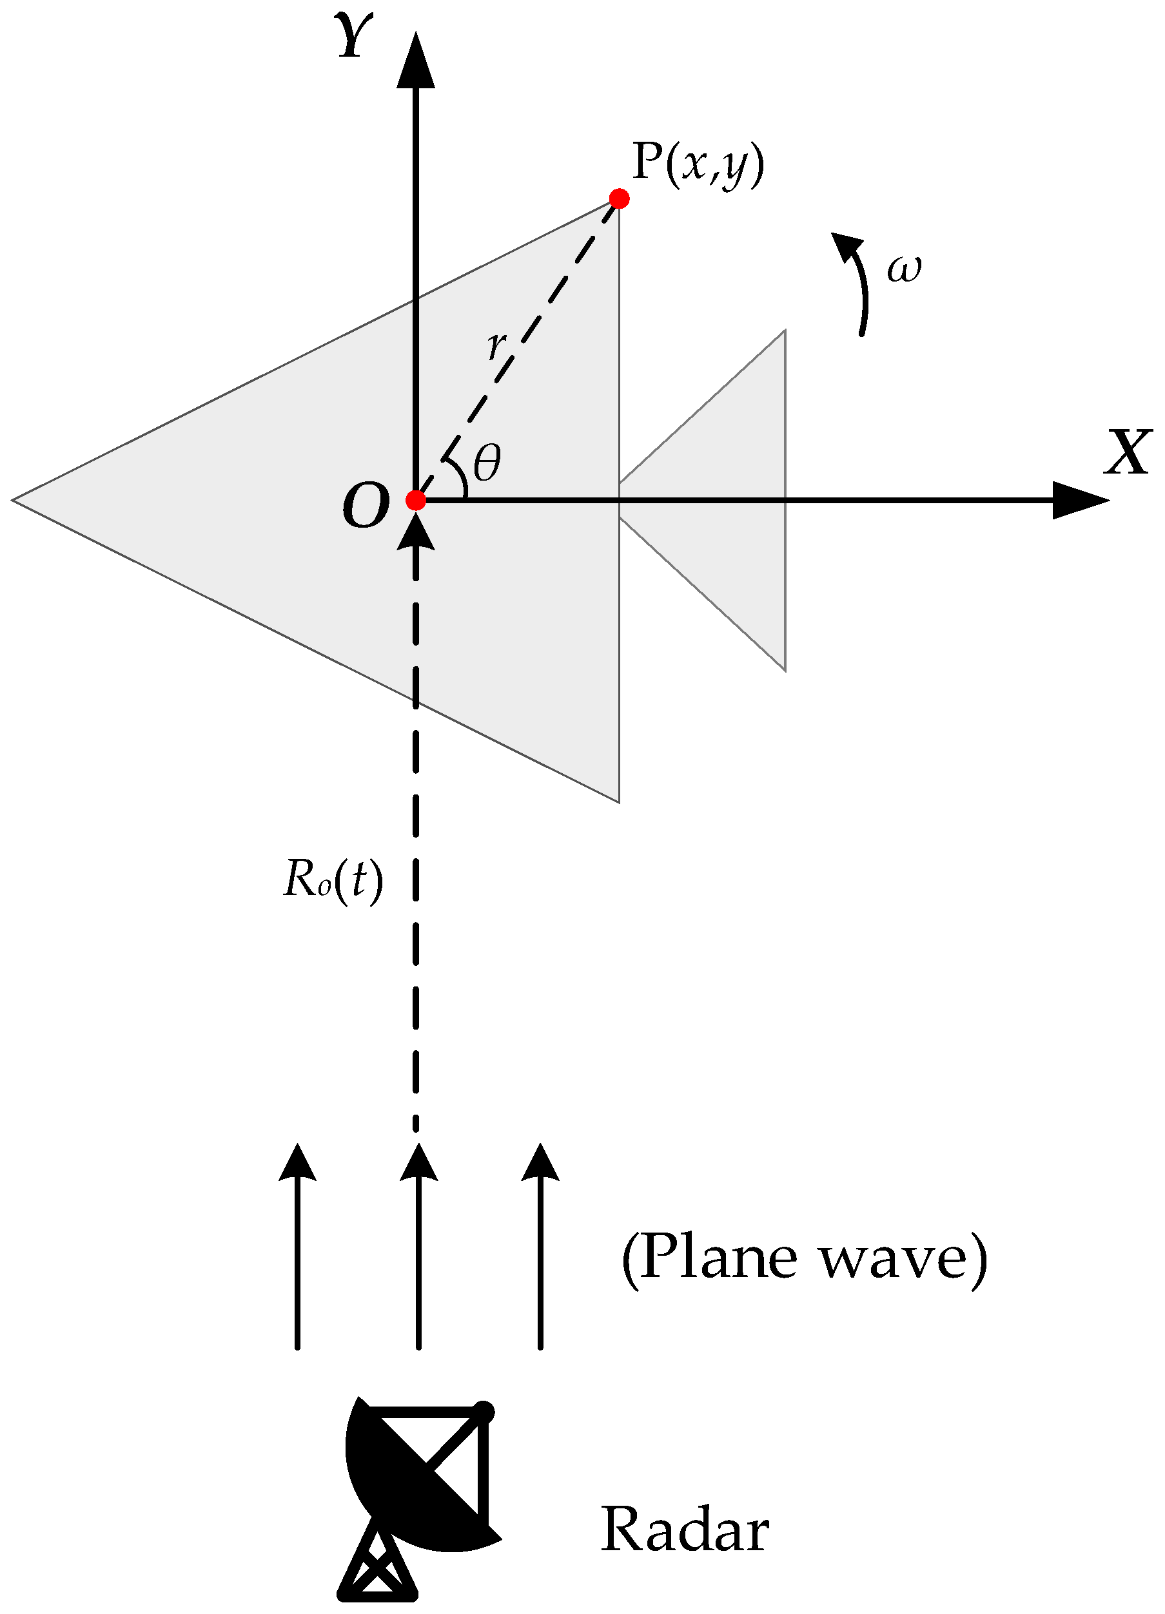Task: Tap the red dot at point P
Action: tap(619, 198)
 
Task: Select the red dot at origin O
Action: tap(416, 500)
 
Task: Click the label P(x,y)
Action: tap(698, 165)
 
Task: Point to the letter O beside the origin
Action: tap(366, 506)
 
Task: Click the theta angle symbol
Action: tap(487, 463)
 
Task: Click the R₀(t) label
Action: tap(333, 880)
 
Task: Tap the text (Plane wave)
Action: tap(805, 1258)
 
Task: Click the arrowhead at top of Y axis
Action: tap(416, 61)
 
